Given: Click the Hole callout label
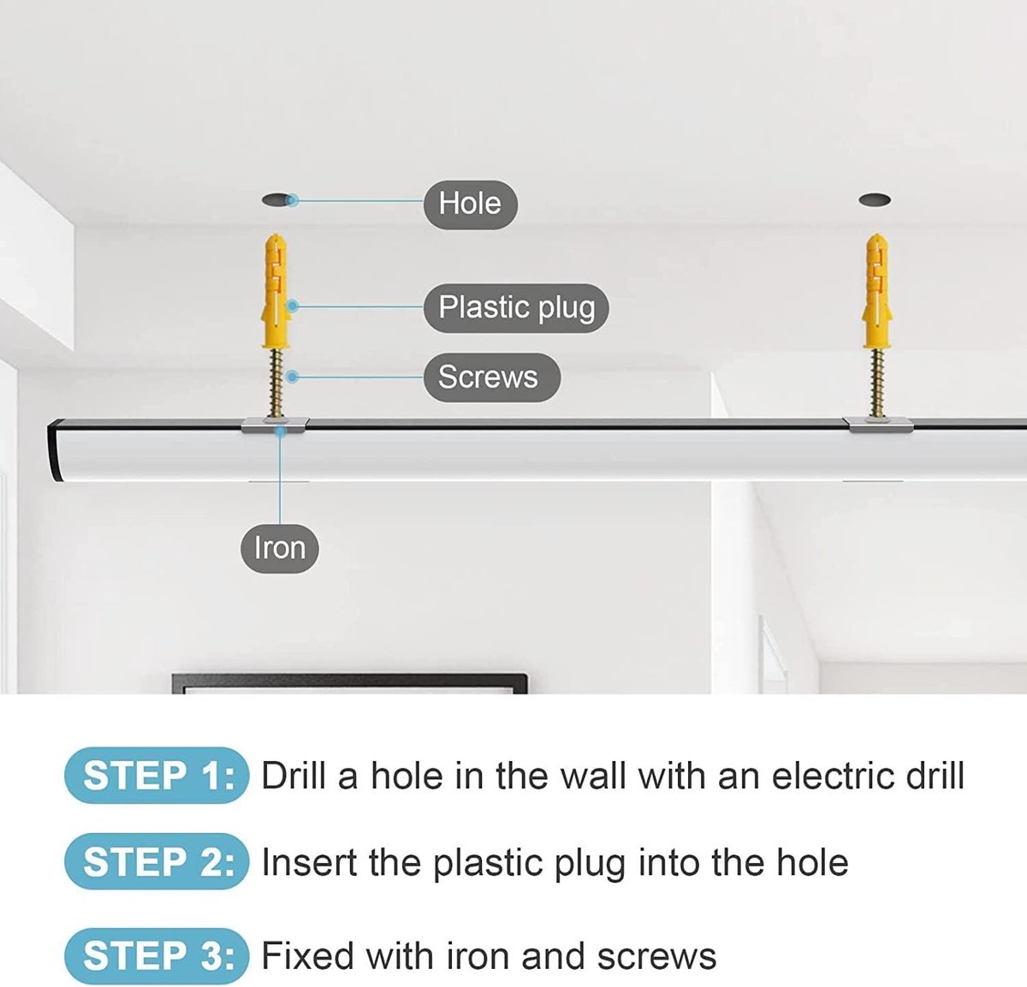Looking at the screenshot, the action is pos(470,205).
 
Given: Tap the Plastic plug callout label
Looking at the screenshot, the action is pos(516,307).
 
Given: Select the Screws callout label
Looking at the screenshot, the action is pos(491,378).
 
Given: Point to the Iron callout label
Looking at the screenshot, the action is pos(280,549).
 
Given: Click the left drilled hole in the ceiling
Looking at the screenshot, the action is pos(277,200).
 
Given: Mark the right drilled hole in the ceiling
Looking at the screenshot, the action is pos(875,200).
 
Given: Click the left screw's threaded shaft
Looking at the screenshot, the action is pos(276,383).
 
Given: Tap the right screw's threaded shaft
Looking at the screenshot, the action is pos(877,383).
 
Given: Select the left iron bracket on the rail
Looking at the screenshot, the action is pos(275,425).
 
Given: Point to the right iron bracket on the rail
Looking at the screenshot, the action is pos(877,425).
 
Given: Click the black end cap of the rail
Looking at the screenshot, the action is pos(54,449).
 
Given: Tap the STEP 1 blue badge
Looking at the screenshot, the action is pos(157,776).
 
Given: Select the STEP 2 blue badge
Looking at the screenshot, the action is pos(157,861).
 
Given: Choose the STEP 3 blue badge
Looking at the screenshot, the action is pos(157,956).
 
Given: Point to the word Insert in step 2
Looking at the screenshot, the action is pos(309,862).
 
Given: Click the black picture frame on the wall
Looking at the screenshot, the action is pos(350,683).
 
